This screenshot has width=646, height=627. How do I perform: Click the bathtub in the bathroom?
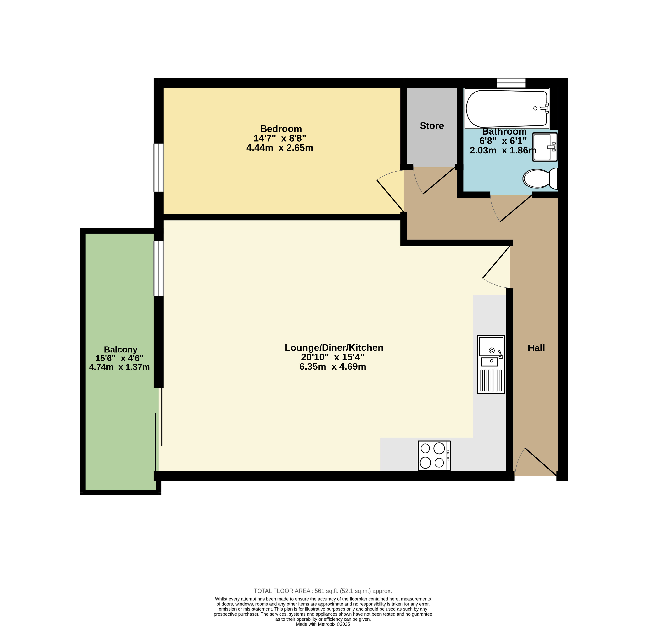[x=507, y=109]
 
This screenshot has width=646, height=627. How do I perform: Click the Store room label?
[x=432, y=126]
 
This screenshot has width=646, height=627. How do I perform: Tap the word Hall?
[x=536, y=348]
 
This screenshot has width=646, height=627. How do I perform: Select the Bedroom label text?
[x=281, y=129]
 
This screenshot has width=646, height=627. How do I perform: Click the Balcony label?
[x=121, y=350]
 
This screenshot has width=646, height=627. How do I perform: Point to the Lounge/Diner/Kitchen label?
[x=334, y=347]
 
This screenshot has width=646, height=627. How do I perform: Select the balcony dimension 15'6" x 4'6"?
[x=119, y=358]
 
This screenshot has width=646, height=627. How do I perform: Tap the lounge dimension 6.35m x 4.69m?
[x=332, y=367]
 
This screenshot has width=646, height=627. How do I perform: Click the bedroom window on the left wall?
[x=159, y=167]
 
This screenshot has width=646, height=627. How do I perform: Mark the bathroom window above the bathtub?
[x=511, y=83]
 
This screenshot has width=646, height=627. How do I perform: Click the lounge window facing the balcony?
[x=159, y=268]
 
